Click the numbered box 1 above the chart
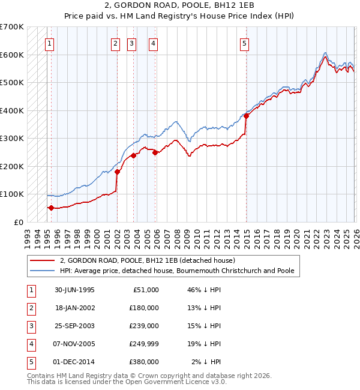tap(49, 43)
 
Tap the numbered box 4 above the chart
tap(154, 43)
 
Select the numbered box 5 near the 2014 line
tap(245, 43)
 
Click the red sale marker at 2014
tap(246, 116)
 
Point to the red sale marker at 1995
tap(51, 208)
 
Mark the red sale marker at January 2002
tap(117, 172)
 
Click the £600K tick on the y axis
tap(12, 55)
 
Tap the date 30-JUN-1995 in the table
tap(74, 290)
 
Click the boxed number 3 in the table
tap(30, 326)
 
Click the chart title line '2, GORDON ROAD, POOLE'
tap(179, 7)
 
